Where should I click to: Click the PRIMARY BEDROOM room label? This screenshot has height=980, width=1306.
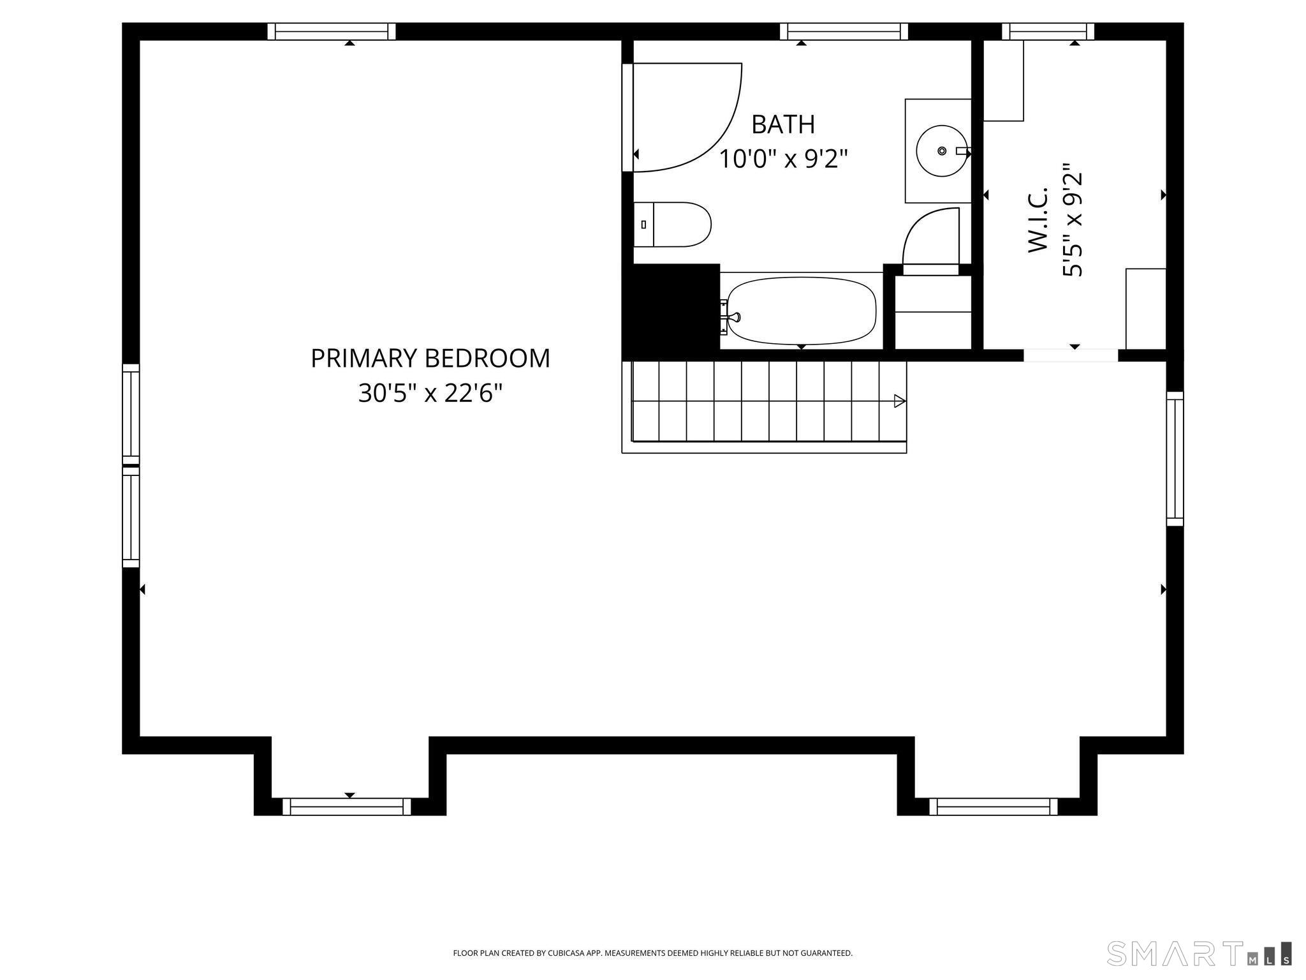pos(430,359)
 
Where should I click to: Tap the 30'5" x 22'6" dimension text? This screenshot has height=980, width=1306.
pos(430,394)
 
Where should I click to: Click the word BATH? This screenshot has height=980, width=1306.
pos(783,124)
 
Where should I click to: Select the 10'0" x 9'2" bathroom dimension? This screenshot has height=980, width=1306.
pos(783,159)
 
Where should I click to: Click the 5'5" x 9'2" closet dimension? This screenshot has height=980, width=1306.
pos(1073,225)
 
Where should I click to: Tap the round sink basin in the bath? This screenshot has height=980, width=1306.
pos(941,151)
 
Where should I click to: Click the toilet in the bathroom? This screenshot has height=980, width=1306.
pos(673,225)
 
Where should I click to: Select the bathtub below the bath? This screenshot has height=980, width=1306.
pos(802,311)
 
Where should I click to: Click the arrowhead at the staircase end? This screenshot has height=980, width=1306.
pos(900,401)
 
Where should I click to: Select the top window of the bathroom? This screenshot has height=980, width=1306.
pos(844,31)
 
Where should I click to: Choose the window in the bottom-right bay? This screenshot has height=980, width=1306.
pos(993,807)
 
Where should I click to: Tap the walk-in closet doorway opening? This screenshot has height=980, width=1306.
pos(1071,355)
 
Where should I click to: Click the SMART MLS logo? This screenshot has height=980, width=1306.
pos(1198,953)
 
